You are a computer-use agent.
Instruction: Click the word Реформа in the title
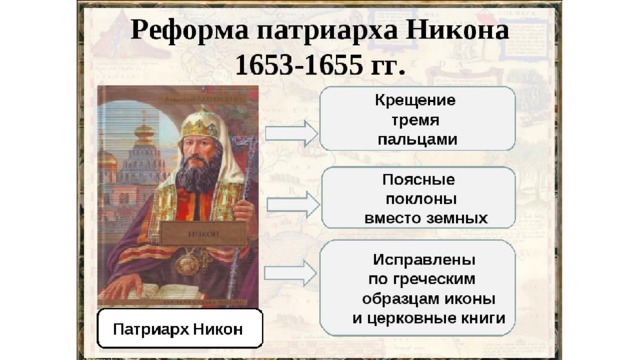189,31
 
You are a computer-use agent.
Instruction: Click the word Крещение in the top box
415,100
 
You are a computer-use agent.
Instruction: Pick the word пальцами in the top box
417,140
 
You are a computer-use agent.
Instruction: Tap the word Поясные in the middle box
418,180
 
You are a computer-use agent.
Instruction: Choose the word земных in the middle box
457,218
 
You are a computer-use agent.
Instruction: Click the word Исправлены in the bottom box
424,260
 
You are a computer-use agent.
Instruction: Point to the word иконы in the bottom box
469,299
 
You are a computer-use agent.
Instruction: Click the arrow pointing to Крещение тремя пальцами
291,133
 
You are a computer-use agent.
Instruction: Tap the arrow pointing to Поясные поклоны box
293,204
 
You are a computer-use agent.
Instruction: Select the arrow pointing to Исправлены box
291,273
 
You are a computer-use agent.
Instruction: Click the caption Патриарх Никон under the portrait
178,329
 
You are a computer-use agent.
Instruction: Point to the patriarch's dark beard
198,173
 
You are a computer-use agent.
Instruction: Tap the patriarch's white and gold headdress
201,124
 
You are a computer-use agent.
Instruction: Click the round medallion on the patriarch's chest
187,263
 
